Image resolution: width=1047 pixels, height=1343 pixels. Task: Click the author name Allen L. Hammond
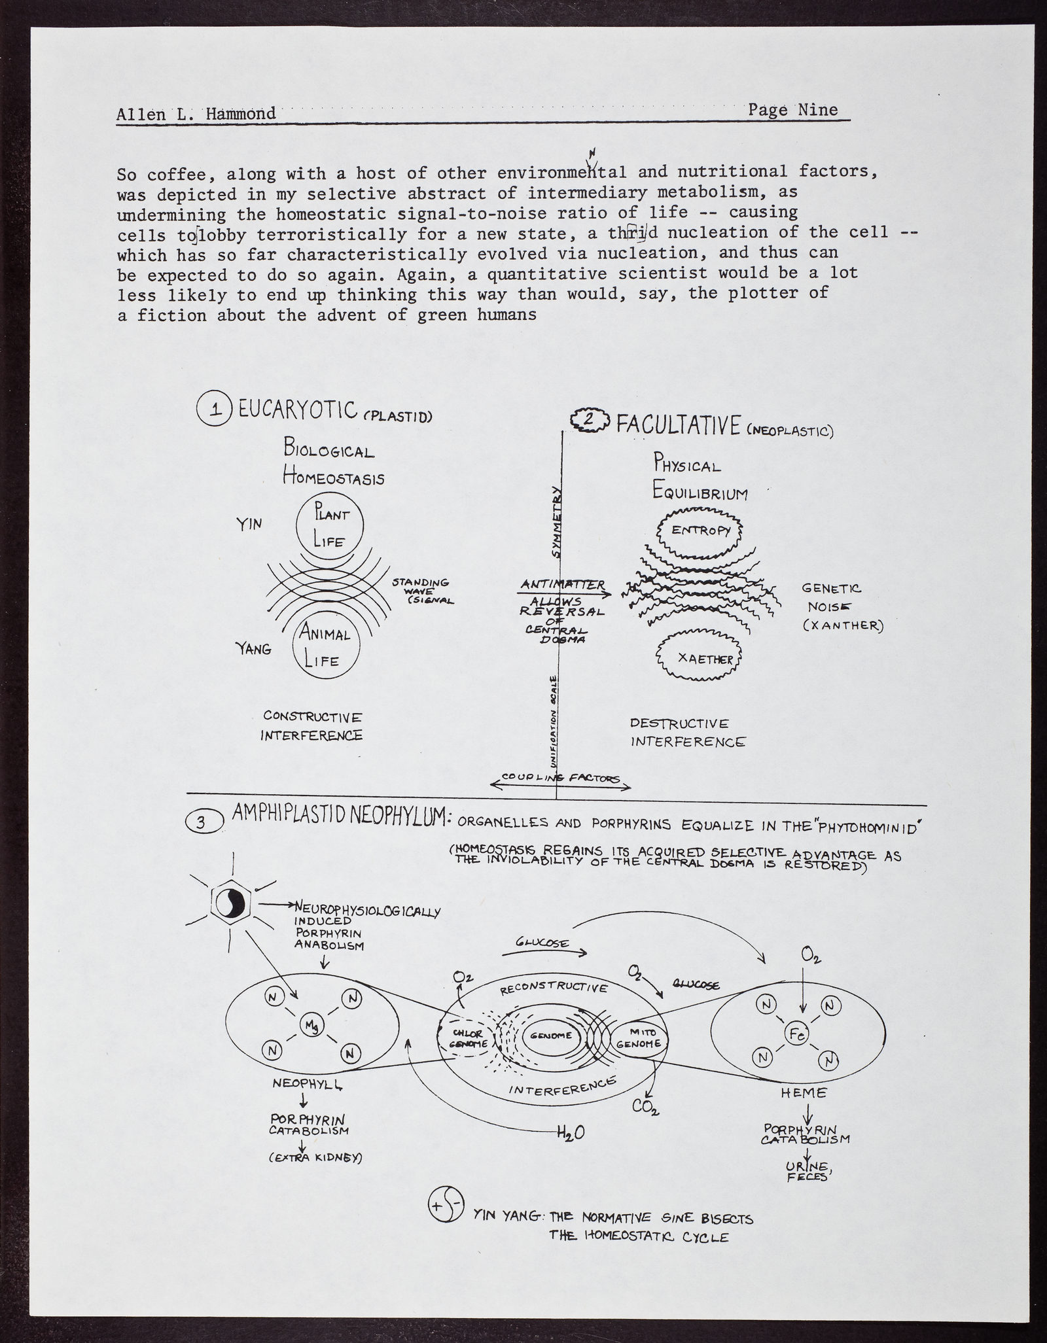(x=196, y=114)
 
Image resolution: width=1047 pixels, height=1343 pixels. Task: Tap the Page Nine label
(x=792, y=109)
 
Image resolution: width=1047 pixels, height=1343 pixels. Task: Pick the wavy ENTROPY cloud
(x=700, y=530)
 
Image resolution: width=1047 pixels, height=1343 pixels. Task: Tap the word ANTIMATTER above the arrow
(x=563, y=584)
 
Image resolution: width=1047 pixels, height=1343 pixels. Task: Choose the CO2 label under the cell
(x=645, y=1107)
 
